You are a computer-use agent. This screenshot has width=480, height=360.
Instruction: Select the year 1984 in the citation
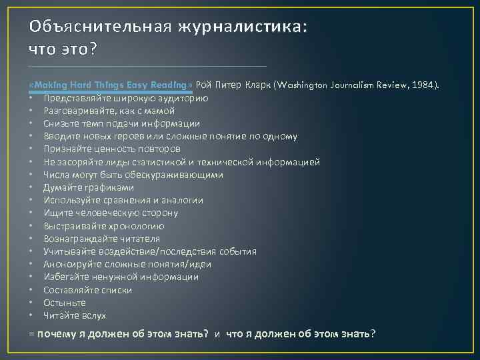tap(422, 85)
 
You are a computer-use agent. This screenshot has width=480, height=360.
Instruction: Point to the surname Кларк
tap(258, 85)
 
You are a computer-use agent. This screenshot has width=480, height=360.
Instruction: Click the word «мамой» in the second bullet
tap(161, 111)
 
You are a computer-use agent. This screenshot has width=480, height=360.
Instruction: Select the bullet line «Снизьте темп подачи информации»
tap(112, 123)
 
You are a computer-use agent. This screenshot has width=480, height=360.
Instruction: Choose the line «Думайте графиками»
tap(84, 187)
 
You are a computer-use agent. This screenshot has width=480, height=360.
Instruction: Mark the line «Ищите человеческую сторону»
tap(111, 213)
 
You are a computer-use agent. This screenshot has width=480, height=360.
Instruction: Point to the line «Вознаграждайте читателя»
tap(101, 239)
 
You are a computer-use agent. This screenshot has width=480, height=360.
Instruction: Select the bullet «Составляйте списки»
tap(87, 290)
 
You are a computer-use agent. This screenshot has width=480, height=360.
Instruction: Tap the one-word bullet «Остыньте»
tap(65, 303)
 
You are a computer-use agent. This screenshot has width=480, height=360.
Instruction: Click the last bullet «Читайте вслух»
tap(75, 315)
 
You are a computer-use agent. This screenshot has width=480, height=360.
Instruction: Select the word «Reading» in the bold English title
tap(171, 85)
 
